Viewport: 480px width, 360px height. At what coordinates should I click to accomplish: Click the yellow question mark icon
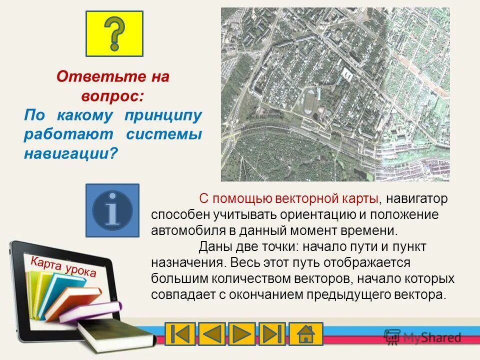pyautogui.click(x=114, y=33)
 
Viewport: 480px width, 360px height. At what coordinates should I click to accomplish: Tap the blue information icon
pyautogui.click(x=112, y=210)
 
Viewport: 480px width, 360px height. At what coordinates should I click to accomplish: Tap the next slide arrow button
pyautogui.click(x=241, y=334)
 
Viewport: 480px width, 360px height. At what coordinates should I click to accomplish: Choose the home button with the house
pyautogui.click(x=305, y=334)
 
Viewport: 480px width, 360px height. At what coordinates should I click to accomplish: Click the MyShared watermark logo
pyautogui.click(x=422, y=336)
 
